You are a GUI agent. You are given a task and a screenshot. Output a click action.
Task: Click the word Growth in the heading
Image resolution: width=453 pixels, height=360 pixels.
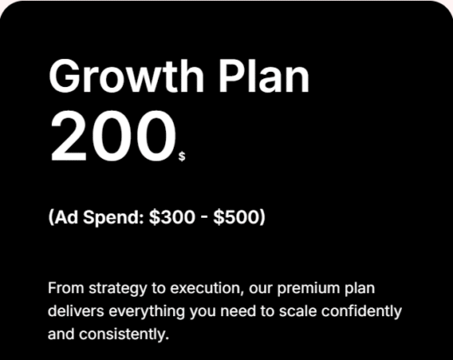(x=126, y=76)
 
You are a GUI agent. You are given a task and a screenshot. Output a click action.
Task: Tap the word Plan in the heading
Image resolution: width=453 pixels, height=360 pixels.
(x=264, y=76)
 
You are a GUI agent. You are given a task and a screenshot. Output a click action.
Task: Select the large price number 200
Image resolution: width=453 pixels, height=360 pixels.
(x=113, y=136)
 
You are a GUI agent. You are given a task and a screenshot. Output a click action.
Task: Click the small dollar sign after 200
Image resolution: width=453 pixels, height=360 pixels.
(x=182, y=156)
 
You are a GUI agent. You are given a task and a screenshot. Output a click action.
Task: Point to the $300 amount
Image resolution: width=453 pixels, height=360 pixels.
(x=172, y=217)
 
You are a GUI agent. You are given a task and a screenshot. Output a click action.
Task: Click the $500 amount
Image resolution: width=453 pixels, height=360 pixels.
(x=237, y=217)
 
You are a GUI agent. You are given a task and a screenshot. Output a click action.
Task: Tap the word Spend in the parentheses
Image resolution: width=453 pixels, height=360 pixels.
(x=113, y=218)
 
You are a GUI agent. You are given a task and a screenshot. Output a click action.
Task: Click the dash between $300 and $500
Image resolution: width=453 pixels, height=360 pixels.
(x=204, y=219)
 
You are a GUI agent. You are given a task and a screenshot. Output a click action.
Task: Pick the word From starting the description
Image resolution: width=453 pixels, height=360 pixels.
(x=66, y=288)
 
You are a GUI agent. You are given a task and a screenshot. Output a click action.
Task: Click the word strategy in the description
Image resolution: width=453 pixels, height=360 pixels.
(x=118, y=289)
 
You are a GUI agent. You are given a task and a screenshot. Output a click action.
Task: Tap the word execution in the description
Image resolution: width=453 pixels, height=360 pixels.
(x=207, y=289)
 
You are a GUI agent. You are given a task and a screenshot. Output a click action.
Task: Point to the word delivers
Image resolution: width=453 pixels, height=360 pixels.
(x=75, y=311)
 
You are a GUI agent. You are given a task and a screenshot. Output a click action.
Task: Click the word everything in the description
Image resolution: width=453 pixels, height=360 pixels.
(x=147, y=312)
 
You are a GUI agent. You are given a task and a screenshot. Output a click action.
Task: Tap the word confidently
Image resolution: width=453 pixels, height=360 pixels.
(x=362, y=312)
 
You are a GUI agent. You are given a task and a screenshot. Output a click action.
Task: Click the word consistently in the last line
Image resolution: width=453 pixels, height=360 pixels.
(x=124, y=335)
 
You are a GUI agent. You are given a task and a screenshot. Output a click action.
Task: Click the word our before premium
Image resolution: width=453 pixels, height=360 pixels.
(x=261, y=289)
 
